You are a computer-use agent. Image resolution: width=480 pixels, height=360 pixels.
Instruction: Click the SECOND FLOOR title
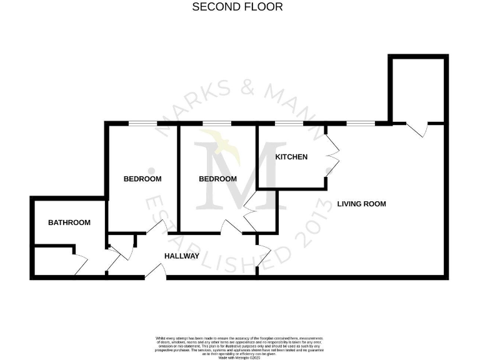tap(237, 7)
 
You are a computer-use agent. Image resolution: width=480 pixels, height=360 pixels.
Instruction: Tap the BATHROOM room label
tap(69, 222)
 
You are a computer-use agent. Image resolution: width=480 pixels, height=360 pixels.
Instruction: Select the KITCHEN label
tap(291, 157)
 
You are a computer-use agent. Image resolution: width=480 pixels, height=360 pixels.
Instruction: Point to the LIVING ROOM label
tap(361, 204)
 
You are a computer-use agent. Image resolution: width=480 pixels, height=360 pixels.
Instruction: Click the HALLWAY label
tap(182, 256)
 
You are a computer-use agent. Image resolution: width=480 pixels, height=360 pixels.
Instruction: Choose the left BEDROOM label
tap(142, 179)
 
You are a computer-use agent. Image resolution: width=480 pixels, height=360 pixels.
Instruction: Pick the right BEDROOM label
tap(217, 179)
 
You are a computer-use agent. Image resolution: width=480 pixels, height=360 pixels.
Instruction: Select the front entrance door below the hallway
tap(156, 271)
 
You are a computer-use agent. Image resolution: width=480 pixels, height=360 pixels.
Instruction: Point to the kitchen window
tap(291, 124)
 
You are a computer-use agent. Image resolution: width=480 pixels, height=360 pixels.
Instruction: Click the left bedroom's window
tap(142, 124)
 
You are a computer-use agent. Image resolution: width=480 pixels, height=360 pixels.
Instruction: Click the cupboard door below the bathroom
tap(80, 266)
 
